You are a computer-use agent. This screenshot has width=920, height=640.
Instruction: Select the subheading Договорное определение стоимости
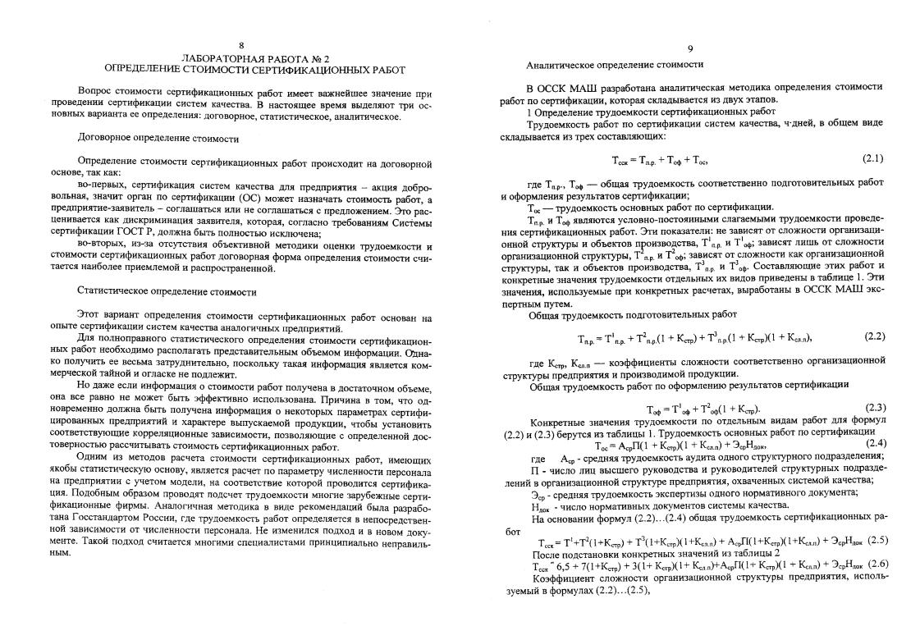[x=158, y=138]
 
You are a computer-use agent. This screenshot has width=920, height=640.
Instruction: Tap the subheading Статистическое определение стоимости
[x=167, y=291]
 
